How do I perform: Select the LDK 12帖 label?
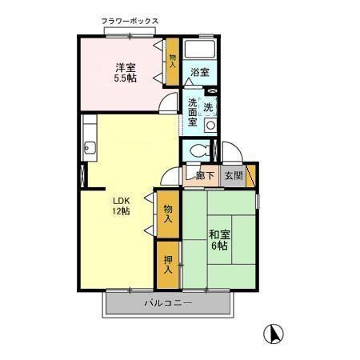coord(122,206)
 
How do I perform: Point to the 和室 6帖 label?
coord(218,240)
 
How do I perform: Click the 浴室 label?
coord(199,73)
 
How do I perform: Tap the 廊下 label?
coord(205,176)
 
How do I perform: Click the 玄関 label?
coord(234,176)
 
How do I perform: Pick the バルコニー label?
coord(168,303)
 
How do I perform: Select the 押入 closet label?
coord(168,264)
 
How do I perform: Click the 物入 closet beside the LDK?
coord(168,213)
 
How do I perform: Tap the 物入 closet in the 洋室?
coord(172,61)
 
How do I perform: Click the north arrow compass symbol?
coord(273,333)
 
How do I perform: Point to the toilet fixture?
coord(199,150)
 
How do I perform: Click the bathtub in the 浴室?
coord(199,50)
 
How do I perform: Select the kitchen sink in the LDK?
coord(88,147)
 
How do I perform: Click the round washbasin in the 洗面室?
coord(210,126)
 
